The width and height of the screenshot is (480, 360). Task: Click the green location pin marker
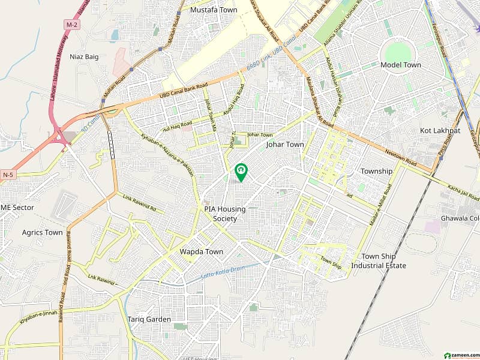[241, 172]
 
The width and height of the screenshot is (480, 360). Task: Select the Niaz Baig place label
[84, 58]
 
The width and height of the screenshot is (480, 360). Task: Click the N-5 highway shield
[7, 175]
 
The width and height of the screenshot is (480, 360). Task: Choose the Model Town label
[400, 65]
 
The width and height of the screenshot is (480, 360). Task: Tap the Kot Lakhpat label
[440, 130]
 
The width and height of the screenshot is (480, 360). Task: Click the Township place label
[376, 171]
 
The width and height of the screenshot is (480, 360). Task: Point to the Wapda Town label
[202, 252]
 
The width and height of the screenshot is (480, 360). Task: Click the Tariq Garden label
[149, 319]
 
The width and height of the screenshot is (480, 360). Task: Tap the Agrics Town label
[42, 232]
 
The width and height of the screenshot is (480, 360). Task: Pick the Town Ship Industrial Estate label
[379, 261]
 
